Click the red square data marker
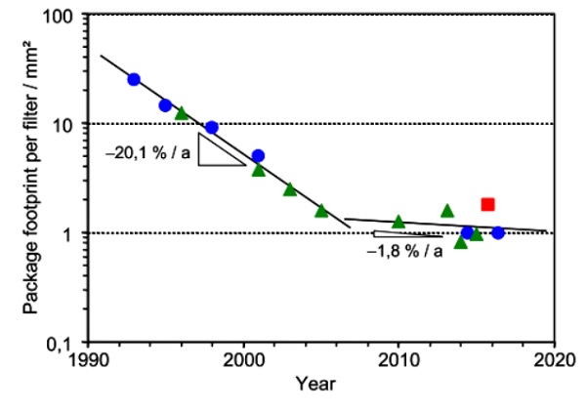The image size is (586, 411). [487, 204]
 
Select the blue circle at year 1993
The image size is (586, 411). [134, 79]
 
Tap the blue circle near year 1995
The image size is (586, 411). [165, 105]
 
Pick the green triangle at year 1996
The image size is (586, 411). [181, 113]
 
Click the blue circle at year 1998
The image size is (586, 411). [212, 128]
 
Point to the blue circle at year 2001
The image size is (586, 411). [258, 155]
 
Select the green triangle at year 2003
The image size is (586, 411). [290, 189]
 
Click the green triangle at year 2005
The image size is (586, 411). [321, 211]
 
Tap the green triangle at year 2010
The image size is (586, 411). [398, 222]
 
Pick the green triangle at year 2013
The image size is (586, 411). [447, 211]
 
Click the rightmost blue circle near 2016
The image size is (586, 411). [497, 232]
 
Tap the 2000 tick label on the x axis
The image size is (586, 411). [243, 357]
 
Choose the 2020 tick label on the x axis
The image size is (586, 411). [553, 357]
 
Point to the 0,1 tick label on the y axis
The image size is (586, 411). [68, 343]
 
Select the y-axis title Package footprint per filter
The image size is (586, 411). [30, 180]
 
